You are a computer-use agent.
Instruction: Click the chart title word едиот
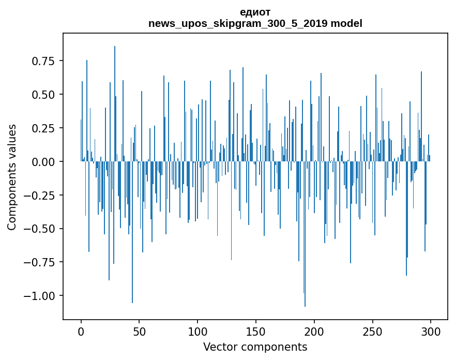[x=255, y=12]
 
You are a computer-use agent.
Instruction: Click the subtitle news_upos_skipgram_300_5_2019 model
[x=255, y=24]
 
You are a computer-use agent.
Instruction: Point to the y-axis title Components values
[x=12, y=177]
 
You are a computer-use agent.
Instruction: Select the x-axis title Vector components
[x=255, y=347]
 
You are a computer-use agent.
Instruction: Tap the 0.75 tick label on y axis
[x=43, y=61]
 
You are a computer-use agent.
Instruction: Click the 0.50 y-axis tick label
[x=43, y=95]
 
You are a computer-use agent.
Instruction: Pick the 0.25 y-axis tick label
[x=43, y=128]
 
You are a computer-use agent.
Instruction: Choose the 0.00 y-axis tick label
[x=43, y=161]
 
